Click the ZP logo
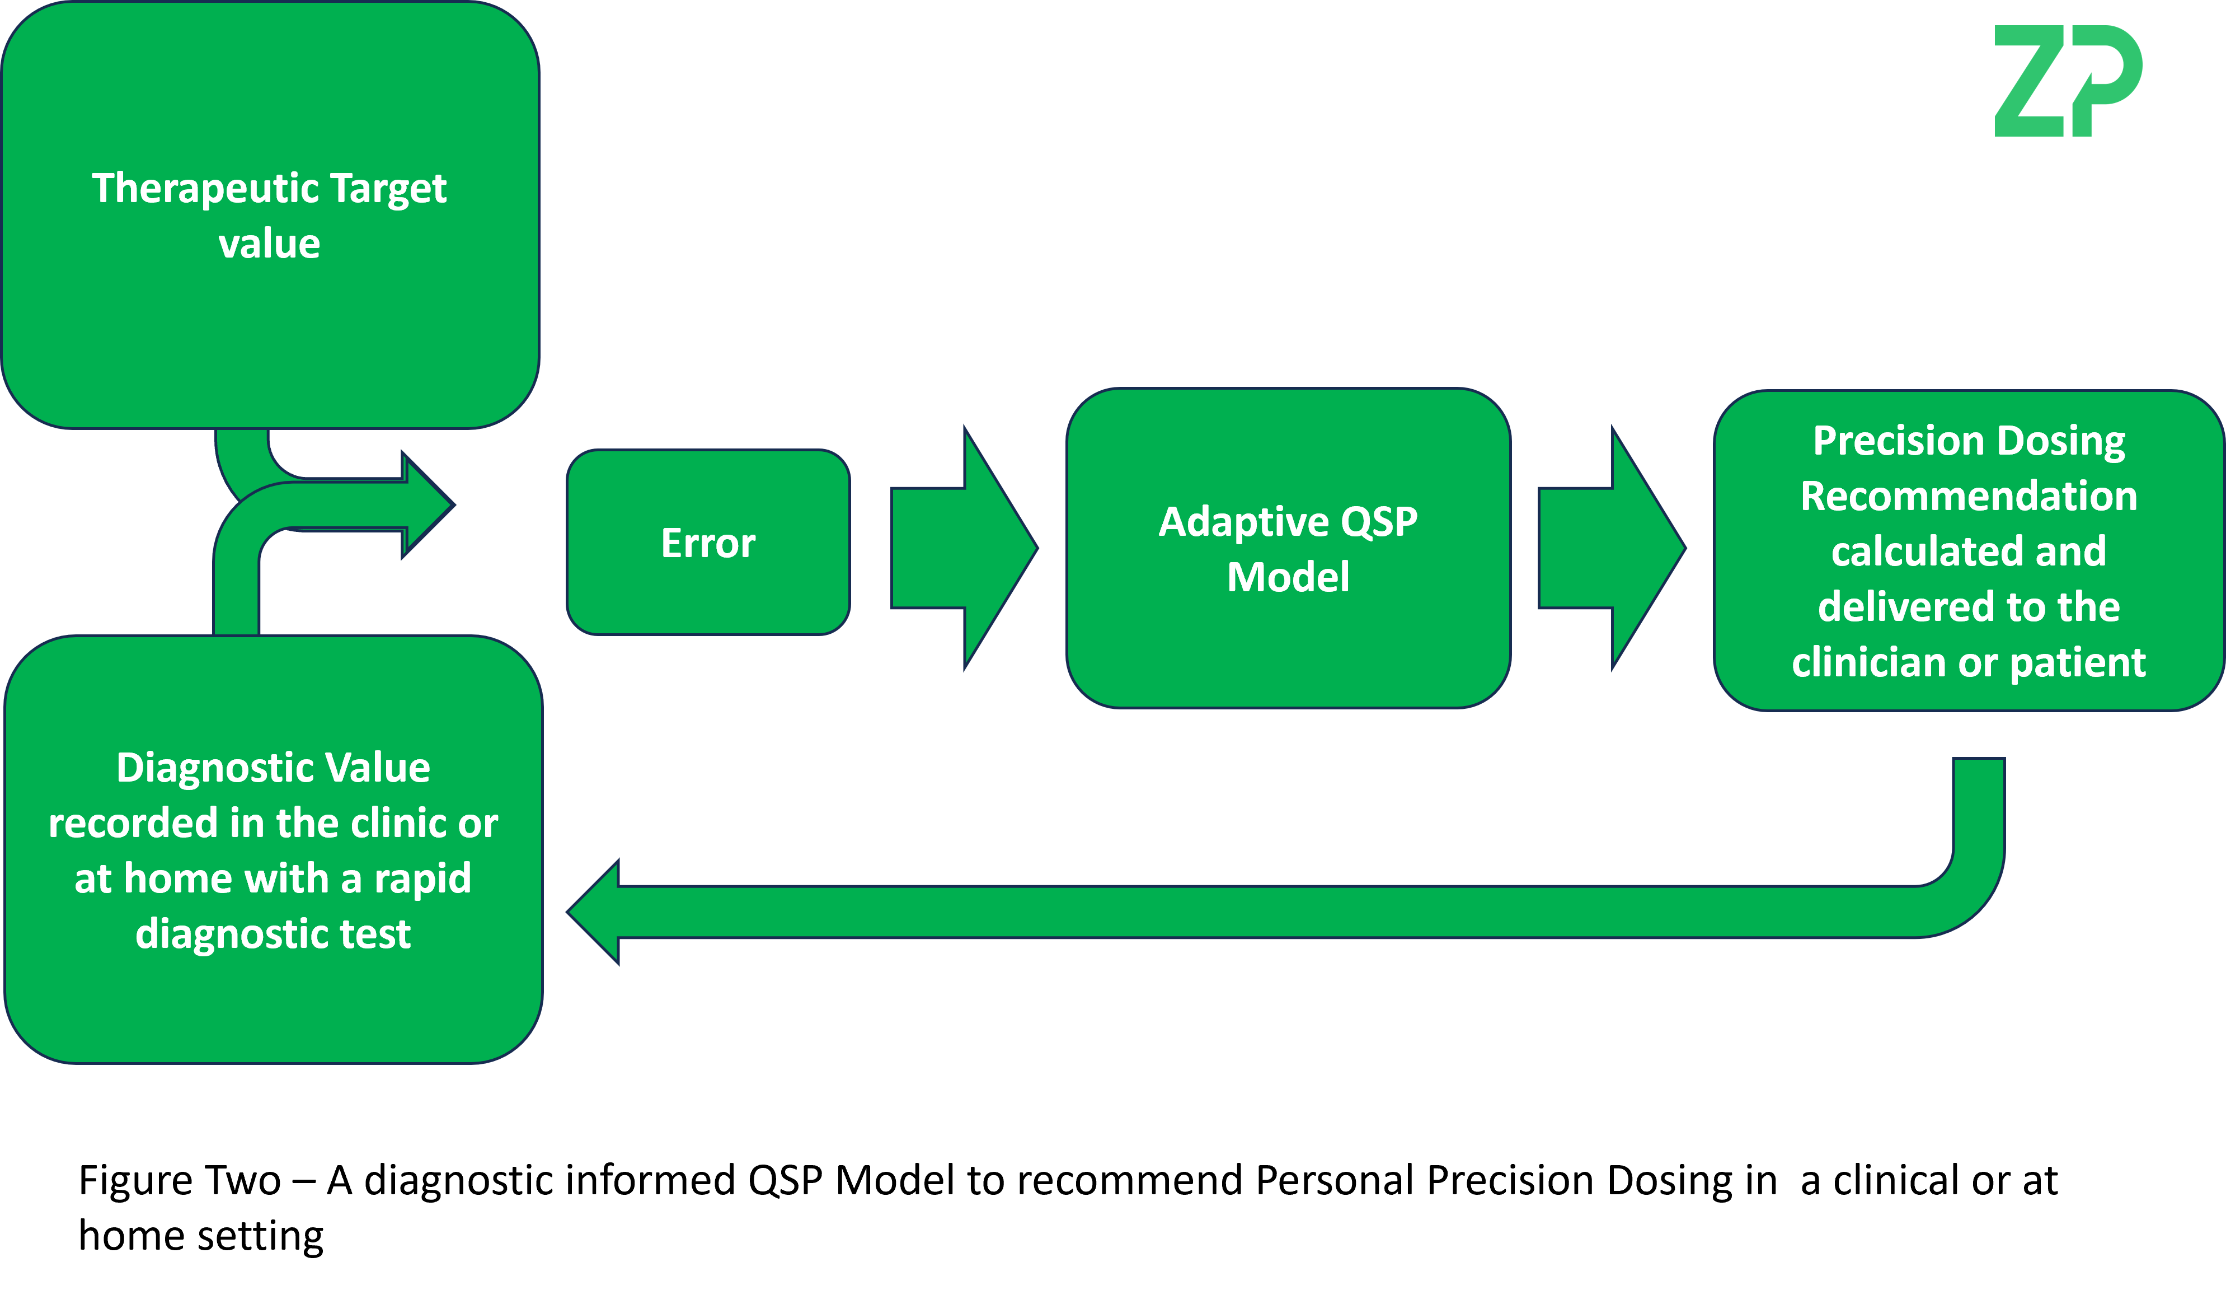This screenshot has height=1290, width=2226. pyautogui.click(x=2067, y=81)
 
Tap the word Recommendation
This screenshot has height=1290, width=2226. pyautogui.click(x=1969, y=496)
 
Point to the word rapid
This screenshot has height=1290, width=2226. pyautogui.click(x=422, y=879)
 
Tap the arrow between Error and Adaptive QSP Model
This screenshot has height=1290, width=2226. pyautogui.click(x=963, y=548)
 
